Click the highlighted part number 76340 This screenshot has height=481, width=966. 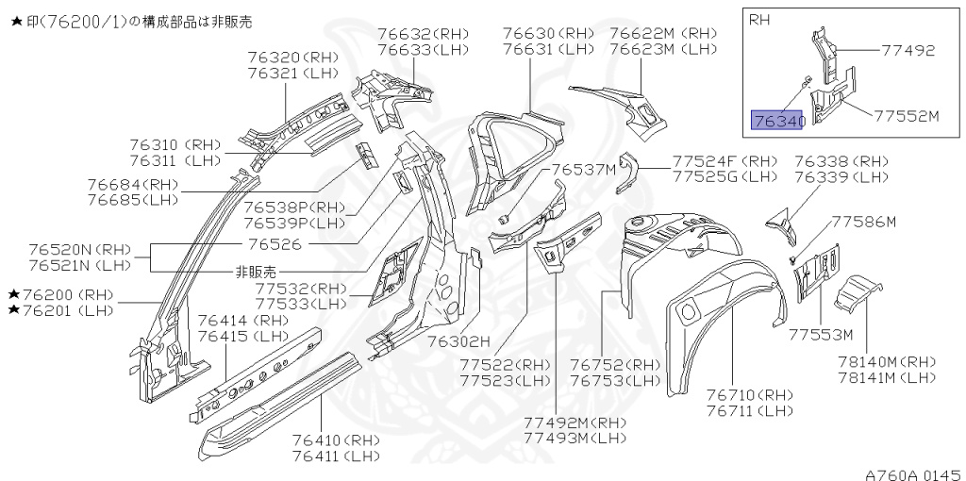tap(777, 120)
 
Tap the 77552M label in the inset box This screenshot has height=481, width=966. tap(907, 116)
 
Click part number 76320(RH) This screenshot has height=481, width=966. tap(292, 57)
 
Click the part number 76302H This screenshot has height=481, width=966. tap(459, 340)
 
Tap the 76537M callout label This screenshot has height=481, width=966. tap(584, 170)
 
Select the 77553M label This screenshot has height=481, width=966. tap(821, 334)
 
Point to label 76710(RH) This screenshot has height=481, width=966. tap(751, 394)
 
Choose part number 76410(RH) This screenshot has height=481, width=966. tap(336, 440)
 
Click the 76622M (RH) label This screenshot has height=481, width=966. tap(663, 33)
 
